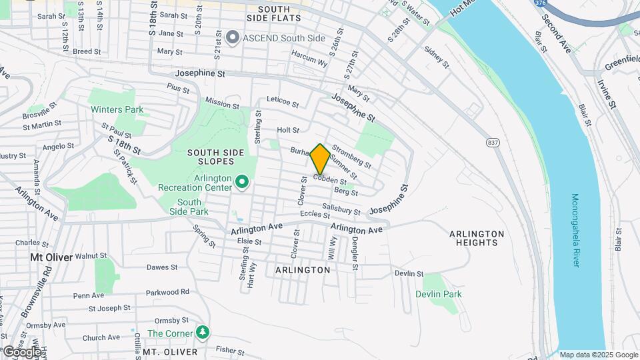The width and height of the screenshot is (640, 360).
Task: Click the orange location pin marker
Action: tap(320, 159)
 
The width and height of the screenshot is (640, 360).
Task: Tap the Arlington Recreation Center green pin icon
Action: tap(242, 181)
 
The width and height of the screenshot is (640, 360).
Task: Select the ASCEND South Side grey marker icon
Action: tap(233, 37)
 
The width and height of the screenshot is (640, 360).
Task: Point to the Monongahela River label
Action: tap(575, 231)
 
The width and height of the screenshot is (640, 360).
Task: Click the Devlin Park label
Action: tap(438, 294)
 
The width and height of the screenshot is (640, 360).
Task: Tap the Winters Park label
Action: tap(117, 109)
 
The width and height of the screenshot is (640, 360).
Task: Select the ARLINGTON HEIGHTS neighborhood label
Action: tap(477, 238)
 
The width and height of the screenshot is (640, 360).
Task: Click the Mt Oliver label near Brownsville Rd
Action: tap(51, 256)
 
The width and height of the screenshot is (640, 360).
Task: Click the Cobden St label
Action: tap(330, 180)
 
